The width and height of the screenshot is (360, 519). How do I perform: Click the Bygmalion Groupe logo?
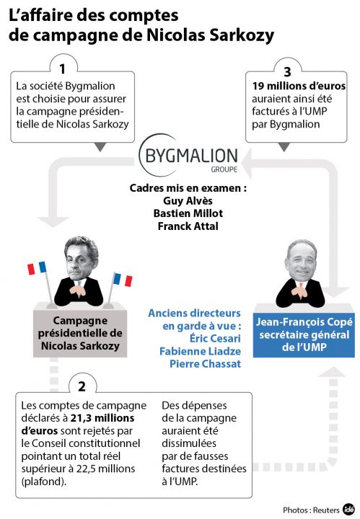tap(188, 156)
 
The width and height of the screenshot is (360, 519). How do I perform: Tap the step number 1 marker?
tap(63, 69)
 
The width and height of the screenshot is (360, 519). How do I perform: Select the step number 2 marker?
tap(82, 386)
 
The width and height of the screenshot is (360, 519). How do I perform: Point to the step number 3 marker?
tap(287, 71)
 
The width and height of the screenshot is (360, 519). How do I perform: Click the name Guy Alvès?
tap(188, 200)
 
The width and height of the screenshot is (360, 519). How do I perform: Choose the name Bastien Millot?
tap(188, 213)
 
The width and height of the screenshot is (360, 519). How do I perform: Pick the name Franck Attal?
tap(188, 226)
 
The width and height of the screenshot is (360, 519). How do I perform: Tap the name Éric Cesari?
tap(215, 338)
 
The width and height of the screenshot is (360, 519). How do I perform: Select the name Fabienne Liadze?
tap(200, 351)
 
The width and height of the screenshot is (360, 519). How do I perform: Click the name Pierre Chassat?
tap(206, 364)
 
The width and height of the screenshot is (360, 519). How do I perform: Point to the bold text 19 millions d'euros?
tap(299, 86)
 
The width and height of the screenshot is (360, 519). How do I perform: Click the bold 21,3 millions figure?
tap(102, 418)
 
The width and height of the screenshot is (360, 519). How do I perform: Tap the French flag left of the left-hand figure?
tap(37, 268)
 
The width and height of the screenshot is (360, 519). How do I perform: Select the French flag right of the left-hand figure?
tap(123, 280)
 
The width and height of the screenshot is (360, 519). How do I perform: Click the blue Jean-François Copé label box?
tap(304, 335)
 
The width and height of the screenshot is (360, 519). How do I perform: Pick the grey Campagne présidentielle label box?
tap(80, 333)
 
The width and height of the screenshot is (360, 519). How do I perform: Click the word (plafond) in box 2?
tap(44, 482)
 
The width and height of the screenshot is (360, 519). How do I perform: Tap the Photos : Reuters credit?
tap(311, 510)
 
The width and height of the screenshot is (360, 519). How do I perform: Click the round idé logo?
tap(348, 509)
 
